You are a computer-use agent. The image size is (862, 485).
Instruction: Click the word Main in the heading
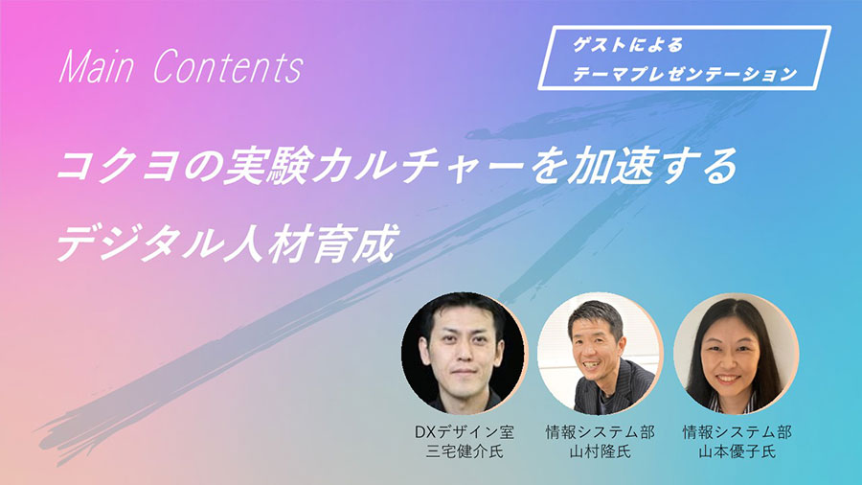(96, 67)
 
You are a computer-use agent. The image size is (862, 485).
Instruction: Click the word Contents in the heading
(228, 67)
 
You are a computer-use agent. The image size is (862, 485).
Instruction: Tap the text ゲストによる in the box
(628, 45)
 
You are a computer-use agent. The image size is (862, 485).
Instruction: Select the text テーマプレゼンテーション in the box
(685, 74)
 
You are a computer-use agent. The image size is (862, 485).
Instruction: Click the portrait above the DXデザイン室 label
(465, 353)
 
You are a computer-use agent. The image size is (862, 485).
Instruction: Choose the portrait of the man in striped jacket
(600, 353)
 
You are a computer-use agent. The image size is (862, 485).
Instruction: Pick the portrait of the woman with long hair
(737, 353)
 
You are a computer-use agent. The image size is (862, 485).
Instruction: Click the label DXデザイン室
(465, 432)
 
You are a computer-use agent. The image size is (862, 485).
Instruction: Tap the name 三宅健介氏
(465, 452)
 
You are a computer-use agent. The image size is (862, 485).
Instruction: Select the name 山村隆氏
(600, 452)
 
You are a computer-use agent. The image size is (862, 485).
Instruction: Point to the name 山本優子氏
(737, 452)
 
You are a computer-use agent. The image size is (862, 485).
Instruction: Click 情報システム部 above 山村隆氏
(600, 432)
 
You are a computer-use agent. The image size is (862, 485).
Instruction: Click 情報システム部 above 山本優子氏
(737, 432)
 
